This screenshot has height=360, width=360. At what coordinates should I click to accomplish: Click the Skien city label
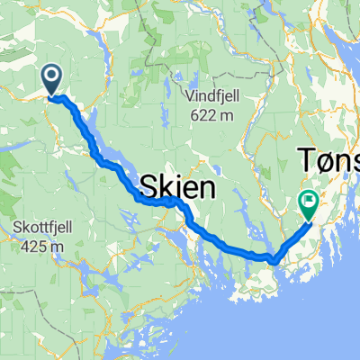click(x=178, y=187)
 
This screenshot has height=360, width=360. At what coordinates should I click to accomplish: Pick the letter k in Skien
click(x=166, y=187)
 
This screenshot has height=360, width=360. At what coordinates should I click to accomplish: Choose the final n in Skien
click(x=207, y=187)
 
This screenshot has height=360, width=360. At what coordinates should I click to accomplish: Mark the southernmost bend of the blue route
click(x=270, y=260)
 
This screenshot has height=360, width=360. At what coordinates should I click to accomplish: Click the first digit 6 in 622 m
click(x=196, y=114)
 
